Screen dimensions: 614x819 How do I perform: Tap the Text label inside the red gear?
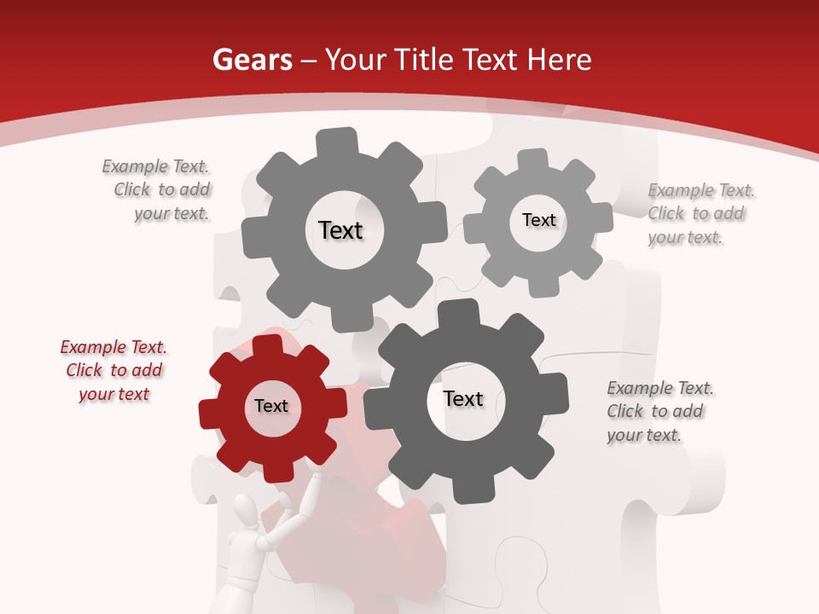[x=271, y=407]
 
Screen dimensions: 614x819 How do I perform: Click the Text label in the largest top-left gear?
[x=340, y=230]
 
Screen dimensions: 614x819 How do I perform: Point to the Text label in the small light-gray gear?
[x=538, y=220]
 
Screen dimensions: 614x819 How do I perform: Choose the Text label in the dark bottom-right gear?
[x=463, y=399]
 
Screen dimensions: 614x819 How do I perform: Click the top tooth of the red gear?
[x=268, y=345]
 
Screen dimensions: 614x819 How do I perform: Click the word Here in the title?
[x=559, y=61]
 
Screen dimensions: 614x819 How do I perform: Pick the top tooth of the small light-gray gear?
[x=532, y=159]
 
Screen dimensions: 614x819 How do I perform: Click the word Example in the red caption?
[x=93, y=347]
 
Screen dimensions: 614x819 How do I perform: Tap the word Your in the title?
[x=352, y=61]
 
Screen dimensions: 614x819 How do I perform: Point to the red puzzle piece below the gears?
[x=401, y=546]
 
